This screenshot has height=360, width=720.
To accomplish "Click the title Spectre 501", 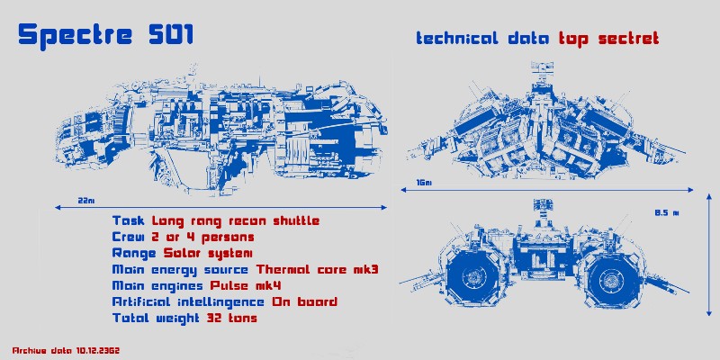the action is click(x=105, y=35).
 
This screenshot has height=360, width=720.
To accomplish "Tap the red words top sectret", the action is click(x=609, y=38).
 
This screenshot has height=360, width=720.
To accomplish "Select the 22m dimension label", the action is click(x=85, y=201).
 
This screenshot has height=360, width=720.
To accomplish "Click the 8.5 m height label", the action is click(x=667, y=212).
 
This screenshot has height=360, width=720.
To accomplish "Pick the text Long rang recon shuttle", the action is click(x=236, y=221).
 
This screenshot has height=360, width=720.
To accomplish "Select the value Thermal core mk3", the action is click(x=318, y=269).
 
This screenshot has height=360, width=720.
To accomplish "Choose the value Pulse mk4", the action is click(x=246, y=285).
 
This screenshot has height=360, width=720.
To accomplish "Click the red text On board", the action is click(x=305, y=301).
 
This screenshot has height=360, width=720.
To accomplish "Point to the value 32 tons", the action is click(x=232, y=318).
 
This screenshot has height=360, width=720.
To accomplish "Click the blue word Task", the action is click(x=130, y=220).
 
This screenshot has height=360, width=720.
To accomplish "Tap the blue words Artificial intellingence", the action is click(x=188, y=302).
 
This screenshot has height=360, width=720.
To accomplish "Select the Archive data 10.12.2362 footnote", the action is click(x=66, y=350).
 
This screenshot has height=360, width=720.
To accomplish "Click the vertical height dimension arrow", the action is click(x=708, y=255).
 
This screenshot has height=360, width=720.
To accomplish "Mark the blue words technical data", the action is click(x=482, y=38).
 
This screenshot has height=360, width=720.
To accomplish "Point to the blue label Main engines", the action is click(x=157, y=286).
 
